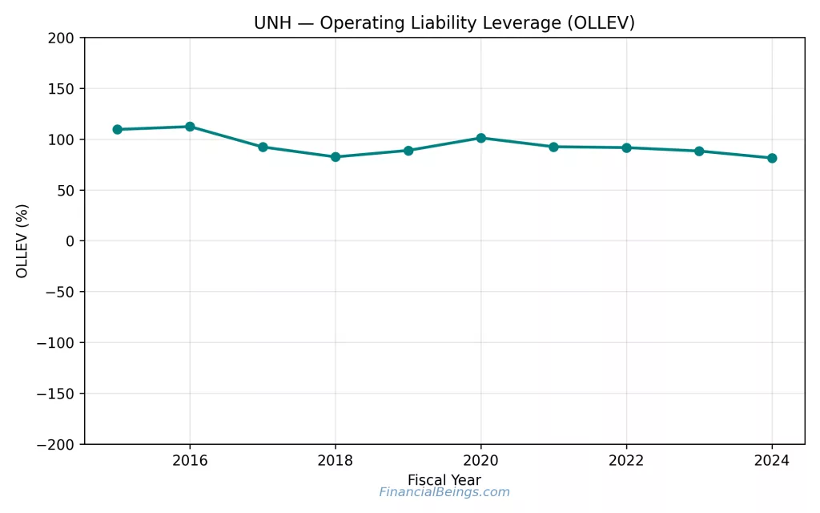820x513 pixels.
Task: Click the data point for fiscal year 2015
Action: pyautogui.click(x=117, y=129)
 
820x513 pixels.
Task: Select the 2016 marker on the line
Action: pyautogui.click(x=190, y=127)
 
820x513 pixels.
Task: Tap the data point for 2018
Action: pyautogui.click(x=336, y=157)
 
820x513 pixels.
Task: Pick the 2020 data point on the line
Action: pyautogui.click(x=480, y=138)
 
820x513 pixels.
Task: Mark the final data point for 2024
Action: pyautogui.click(x=772, y=158)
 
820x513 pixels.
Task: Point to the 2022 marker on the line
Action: pyautogui.click(x=626, y=147)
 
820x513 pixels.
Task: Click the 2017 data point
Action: pyautogui.click(x=263, y=147)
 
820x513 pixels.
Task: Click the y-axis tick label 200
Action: pyautogui.click(x=61, y=38)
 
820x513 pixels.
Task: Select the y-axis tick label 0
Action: pyautogui.click(x=70, y=241)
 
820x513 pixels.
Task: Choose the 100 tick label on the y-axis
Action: pyautogui.click(x=61, y=139)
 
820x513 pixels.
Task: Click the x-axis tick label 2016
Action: pyautogui.click(x=190, y=461)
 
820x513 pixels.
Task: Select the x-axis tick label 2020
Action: pyautogui.click(x=480, y=461)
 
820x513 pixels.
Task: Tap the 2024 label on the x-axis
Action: pyautogui.click(x=772, y=461)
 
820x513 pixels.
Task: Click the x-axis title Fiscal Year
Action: pyautogui.click(x=444, y=480)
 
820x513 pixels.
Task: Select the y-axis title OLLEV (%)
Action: pyautogui.click(x=22, y=240)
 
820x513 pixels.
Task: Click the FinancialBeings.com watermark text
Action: pyautogui.click(x=444, y=492)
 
